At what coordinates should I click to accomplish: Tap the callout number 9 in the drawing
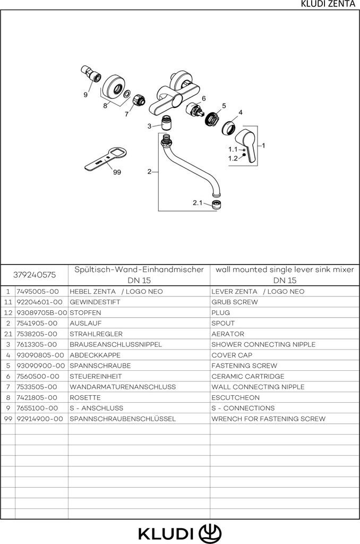pos(85,95)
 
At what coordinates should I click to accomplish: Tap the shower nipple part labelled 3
pos(166,125)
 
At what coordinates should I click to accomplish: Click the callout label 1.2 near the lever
pos(233,158)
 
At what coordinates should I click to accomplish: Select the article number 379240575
pos(34,275)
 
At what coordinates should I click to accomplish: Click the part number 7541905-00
pos(37,323)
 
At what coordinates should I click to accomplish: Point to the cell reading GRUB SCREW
pos(234,302)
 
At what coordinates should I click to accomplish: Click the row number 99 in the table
pos(8,419)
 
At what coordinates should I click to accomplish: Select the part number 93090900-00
pos(40,365)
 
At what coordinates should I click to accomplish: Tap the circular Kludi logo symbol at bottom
pos(210,532)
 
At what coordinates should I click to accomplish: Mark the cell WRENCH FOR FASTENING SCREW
pos(268,419)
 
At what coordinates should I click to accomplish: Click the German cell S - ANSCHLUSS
pos(96,408)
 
